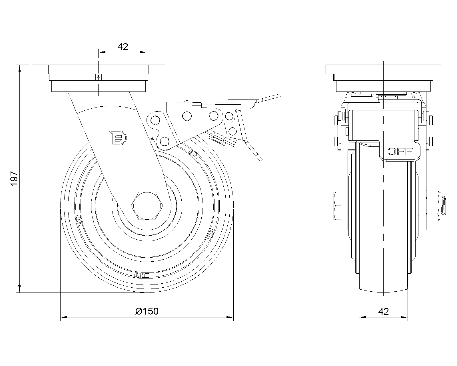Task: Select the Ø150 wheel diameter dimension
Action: (x=147, y=311)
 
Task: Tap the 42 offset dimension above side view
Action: (x=123, y=47)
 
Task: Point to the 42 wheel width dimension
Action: (x=383, y=311)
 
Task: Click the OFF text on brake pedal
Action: (x=400, y=151)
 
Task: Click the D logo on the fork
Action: (x=118, y=138)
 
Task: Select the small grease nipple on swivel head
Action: (x=98, y=77)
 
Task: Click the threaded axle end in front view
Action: (x=445, y=206)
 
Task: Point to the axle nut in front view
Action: (x=434, y=206)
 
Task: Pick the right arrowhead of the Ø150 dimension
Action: (x=230, y=317)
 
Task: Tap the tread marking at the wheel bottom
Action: (x=140, y=275)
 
